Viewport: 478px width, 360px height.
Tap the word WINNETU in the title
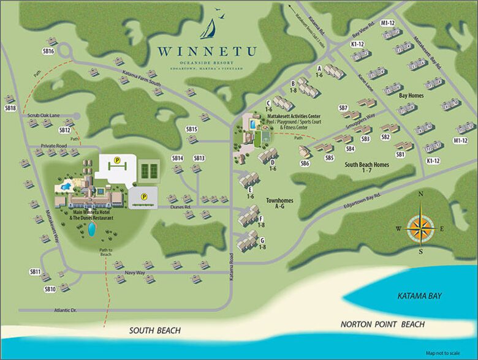(206, 51)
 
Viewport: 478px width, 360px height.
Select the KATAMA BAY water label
(419, 296)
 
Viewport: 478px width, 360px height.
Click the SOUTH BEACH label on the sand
(154, 331)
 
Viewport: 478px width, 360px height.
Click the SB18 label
(10, 108)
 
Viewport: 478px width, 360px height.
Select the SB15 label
(192, 129)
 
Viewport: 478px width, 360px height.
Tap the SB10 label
(50, 289)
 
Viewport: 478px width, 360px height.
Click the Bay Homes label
(412, 96)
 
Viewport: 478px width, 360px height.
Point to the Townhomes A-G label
(277, 203)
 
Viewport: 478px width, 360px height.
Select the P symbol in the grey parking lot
(144, 197)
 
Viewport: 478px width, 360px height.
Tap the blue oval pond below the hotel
(91, 229)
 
